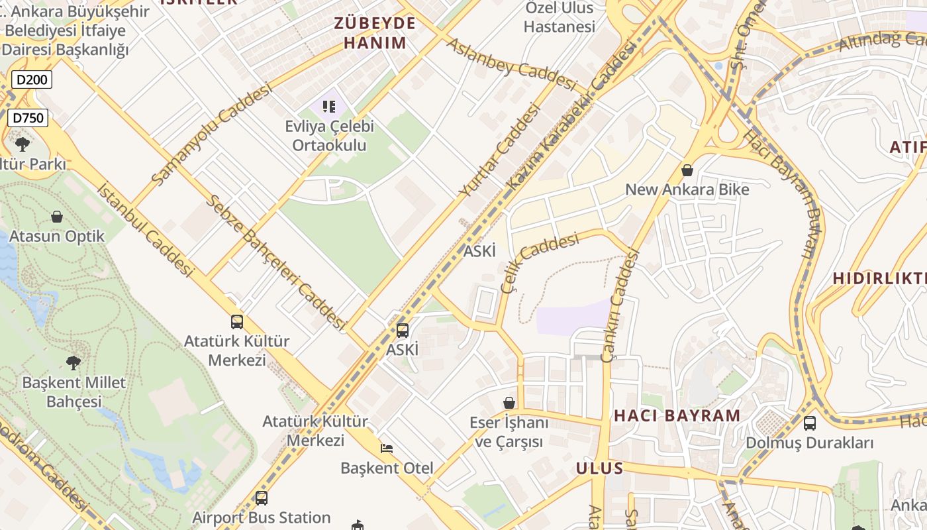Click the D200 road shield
31,80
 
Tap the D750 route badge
28,119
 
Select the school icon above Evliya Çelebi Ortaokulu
329,106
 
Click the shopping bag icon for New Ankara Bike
687,170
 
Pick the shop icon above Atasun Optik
57,217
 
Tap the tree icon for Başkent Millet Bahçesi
73,362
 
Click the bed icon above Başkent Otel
387,449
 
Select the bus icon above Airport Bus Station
262,498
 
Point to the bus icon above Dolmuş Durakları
809,423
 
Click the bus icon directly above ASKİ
403,330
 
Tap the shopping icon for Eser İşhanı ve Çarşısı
509,403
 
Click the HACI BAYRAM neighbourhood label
677,416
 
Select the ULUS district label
599,468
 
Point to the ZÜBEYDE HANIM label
375,33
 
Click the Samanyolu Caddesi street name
211,134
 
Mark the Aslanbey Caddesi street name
512,64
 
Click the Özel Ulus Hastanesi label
560,17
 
